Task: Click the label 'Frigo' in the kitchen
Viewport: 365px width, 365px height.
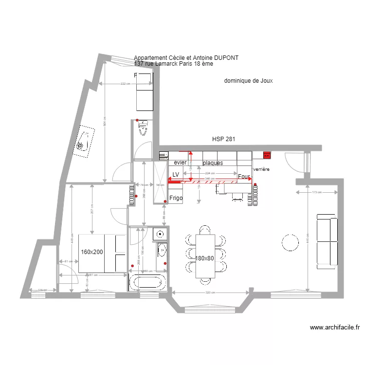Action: pos(176,198)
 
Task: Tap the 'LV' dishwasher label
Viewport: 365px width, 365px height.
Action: pos(176,174)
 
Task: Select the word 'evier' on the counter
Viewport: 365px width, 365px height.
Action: pos(180,163)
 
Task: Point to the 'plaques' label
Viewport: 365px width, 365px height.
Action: pos(213,163)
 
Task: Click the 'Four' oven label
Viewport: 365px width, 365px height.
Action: pos(244,176)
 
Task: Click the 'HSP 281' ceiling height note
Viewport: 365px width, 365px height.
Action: pos(223,139)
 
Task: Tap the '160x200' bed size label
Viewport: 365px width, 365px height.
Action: pos(92,252)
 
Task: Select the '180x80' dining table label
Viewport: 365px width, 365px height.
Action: pos(205,258)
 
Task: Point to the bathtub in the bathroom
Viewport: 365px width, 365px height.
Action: pos(147,283)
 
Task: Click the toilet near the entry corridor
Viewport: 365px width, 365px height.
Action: pos(143,129)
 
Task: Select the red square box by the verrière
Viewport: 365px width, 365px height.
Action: pos(267,155)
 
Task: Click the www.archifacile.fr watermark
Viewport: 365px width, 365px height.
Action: pos(334,328)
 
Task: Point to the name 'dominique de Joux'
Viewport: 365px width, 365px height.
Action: pos(248,81)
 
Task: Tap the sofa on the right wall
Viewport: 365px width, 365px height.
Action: pos(327,241)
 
